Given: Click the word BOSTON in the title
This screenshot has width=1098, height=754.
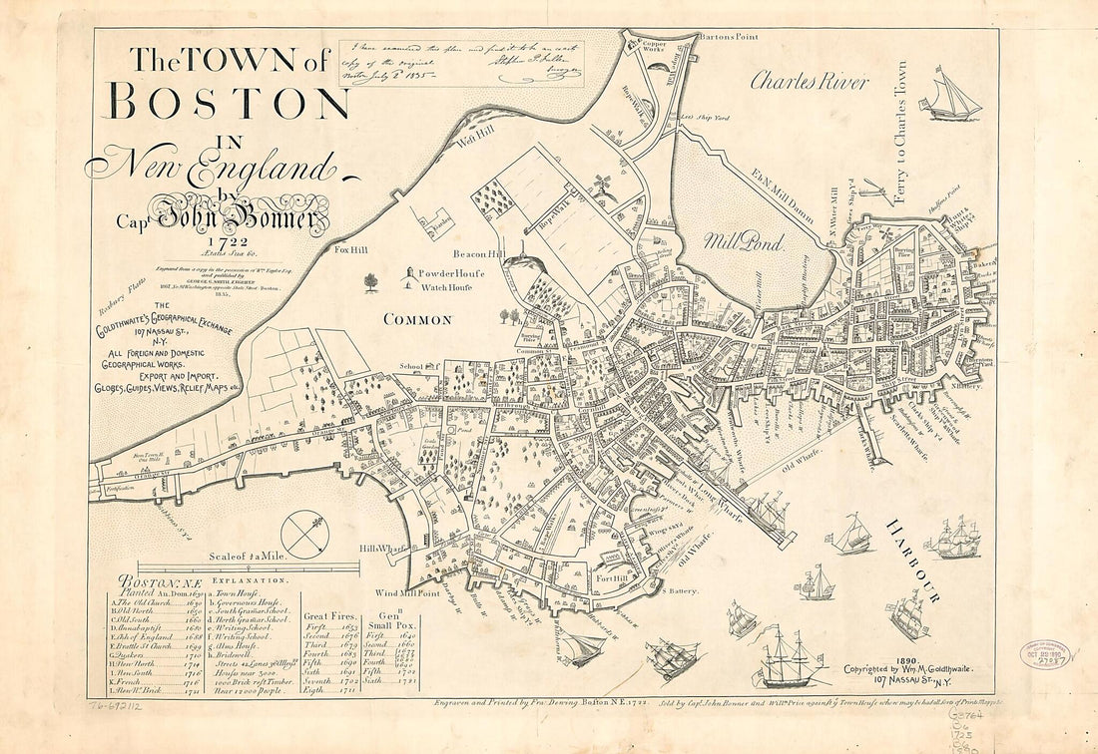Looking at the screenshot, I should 229,102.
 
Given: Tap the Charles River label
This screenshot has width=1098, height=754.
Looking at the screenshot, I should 810,81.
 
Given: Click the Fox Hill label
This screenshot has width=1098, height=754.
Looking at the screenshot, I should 353,249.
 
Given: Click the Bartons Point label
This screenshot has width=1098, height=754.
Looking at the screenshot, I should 729,37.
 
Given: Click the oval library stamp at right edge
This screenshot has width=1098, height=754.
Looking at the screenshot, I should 1045,654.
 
